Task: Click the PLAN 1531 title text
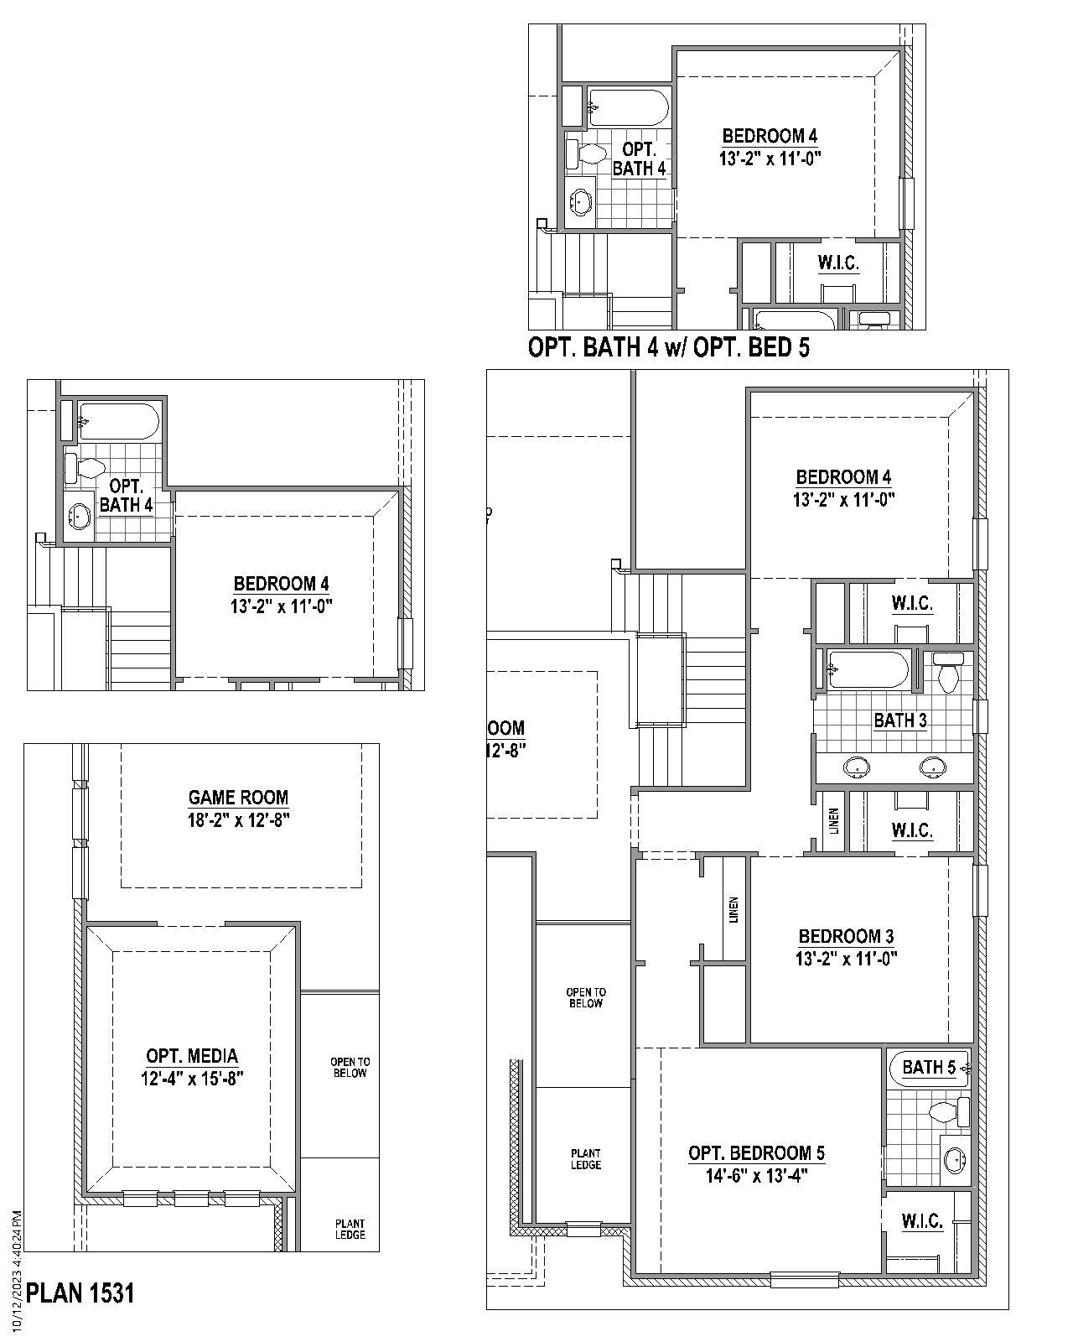pyautogui.click(x=80, y=1293)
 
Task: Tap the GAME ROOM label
pyautogui.click(x=238, y=798)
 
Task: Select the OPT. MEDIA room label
pyautogui.click(x=192, y=1056)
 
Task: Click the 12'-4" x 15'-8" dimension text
pyautogui.click(x=192, y=1078)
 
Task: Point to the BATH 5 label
pyautogui.click(x=928, y=1067)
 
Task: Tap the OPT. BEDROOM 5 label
pyautogui.click(x=756, y=1153)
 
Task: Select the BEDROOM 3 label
pyautogui.click(x=846, y=936)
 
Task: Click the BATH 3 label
pyautogui.click(x=900, y=720)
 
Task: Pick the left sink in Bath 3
pyautogui.click(x=856, y=765)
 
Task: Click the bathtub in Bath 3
pyautogui.click(x=868, y=669)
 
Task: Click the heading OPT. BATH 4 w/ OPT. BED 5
pyautogui.click(x=669, y=347)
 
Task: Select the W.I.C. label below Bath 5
pyautogui.click(x=922, y=1221)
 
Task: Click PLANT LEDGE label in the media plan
pyautogui.click(x=350, y=1229)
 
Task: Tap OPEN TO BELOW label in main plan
pyautogui.click(x=585, y=997)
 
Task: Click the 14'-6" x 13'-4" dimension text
pyautogui.click(x=756, y=1176)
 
